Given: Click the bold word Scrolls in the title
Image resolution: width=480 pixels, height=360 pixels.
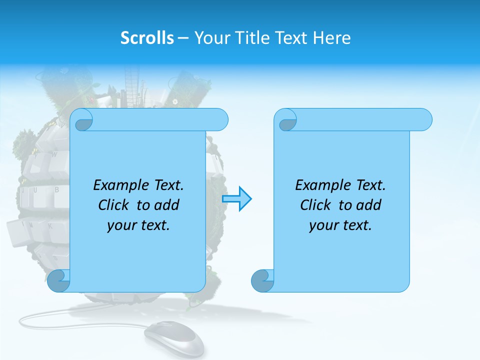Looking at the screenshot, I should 147,38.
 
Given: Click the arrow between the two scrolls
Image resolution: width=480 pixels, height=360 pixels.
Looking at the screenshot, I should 236,198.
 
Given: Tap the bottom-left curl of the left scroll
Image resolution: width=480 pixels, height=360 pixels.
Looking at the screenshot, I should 59,280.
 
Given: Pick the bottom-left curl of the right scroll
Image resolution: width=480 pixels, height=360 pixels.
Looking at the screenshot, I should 262,280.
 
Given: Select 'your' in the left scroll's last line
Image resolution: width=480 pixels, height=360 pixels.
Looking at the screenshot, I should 120,225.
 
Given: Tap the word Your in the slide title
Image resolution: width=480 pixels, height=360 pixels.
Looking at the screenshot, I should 210,38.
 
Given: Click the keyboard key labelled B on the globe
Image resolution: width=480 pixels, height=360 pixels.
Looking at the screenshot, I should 56,190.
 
